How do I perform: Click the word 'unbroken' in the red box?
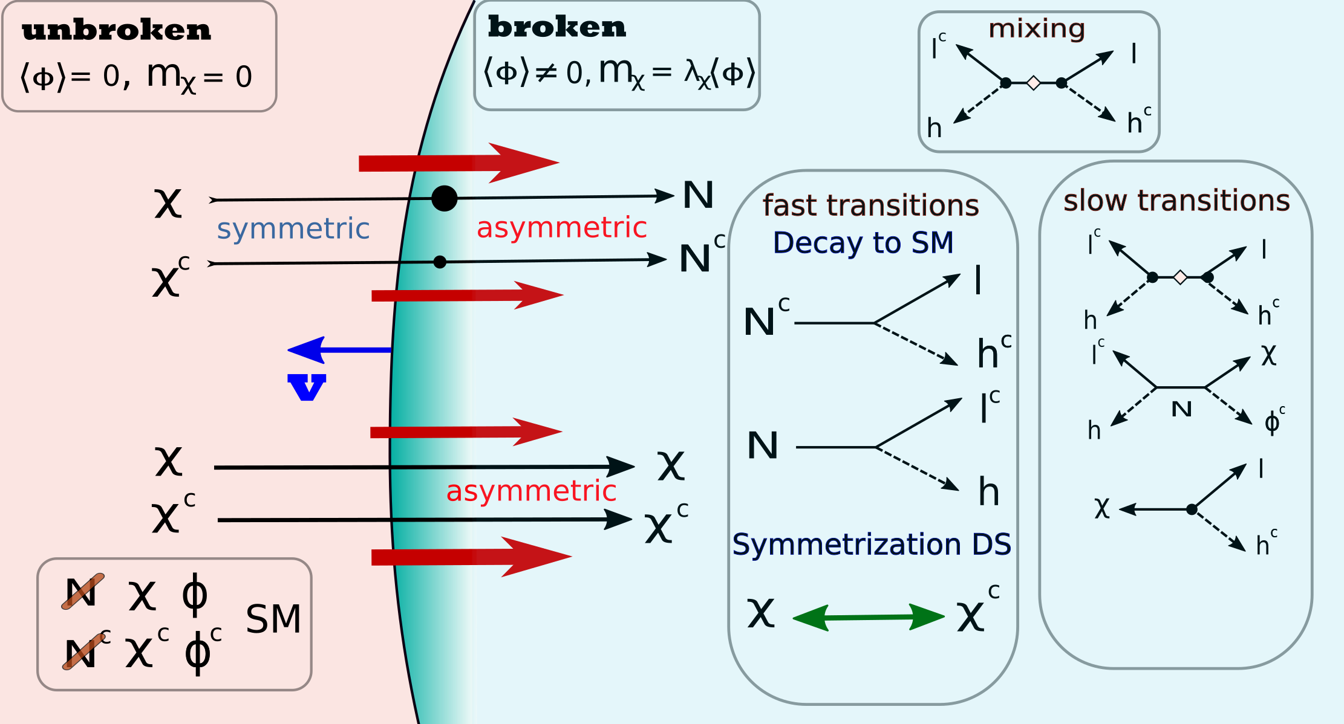point(116,31)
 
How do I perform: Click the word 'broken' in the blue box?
point(556,27)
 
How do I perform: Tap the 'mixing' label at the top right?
point(1037,28)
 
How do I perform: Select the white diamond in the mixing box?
point(1034,83)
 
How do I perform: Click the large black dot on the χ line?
point(444,198)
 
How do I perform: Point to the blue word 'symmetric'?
point(293,229)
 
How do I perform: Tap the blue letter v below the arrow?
point(307,387)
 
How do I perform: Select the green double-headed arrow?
point(869,617)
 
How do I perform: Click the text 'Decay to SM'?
point(863,243)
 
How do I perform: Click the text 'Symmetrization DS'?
point(872,545)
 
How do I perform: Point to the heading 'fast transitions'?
point(870,205)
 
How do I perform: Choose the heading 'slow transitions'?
point(1176,201)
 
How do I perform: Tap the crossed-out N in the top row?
point(82,592)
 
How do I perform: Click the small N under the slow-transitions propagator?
point(1181,410)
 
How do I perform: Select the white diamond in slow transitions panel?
point(1180,277)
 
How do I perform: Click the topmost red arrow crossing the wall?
point(460,163)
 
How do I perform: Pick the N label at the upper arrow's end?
point(699,195)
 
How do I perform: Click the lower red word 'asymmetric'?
point(531,491)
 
